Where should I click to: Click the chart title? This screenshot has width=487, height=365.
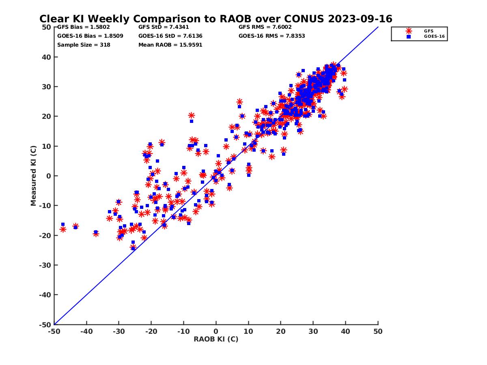[x=215, y=19]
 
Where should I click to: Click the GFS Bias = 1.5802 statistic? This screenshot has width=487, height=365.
[x=80, y=27]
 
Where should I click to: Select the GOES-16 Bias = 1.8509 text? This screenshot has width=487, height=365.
[x=90, y=36]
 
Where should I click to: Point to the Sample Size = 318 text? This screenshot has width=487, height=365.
[x=84, y=45]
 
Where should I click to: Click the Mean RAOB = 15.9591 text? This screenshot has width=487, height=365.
[x=170, y=45]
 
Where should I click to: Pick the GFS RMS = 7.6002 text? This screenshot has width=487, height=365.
[x=265, y=27]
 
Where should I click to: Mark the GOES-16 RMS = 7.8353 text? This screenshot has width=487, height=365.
[x=272, y=36]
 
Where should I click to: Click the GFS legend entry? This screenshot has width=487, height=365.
[x=429, y=31]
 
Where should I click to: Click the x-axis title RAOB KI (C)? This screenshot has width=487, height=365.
[x=215, y=339]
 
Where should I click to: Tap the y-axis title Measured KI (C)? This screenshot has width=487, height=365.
[x=33, y=176]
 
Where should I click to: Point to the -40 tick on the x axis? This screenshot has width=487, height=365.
[x=86, y=331]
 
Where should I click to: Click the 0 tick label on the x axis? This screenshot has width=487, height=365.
[x=216, y=331]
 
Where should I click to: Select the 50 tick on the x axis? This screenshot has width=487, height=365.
[x=378, y=331]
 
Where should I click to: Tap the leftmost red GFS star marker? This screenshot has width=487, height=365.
[x=63, y=229]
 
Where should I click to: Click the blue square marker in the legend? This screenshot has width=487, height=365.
[x=409, y=36]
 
